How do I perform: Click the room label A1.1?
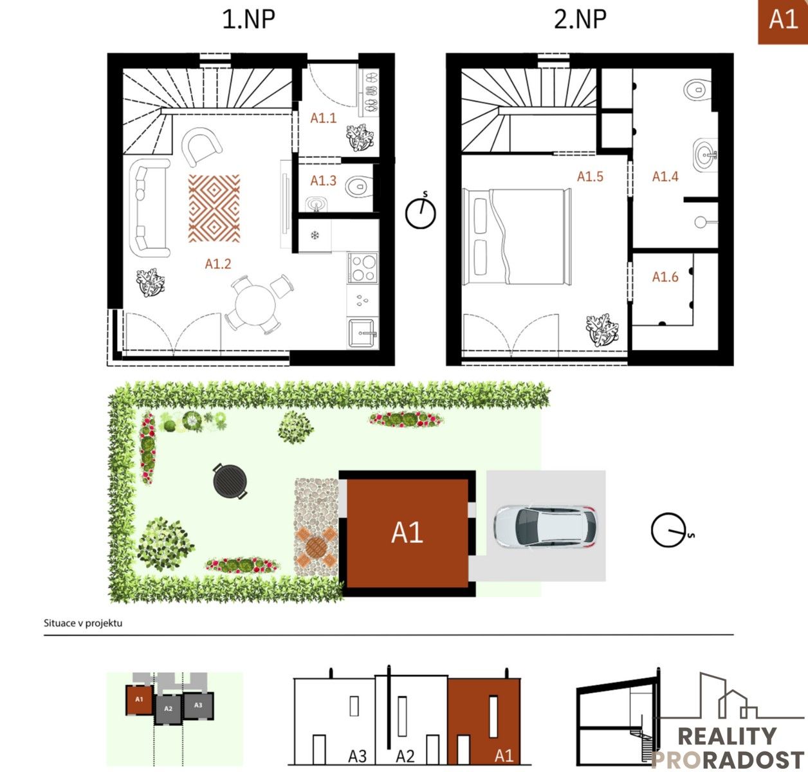[x=323, y=118]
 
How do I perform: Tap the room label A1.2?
[x=217, y=264]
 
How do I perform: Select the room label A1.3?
[x=323, y=181]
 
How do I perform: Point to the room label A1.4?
[x=665, y=176]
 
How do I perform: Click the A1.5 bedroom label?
[x=590, y=176]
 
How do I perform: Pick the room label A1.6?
[x=665, y=277]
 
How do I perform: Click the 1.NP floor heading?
[x=248, y=19]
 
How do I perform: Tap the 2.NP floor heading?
[x=580, y=19]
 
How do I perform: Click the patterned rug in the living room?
[x=214, y=208]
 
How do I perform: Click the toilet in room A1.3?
[x=359, y=187]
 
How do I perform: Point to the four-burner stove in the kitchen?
[x=362, y=268]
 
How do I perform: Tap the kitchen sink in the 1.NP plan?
[x=362, y=333]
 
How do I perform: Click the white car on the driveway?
[x=546, y=526]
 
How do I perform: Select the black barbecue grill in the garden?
[x=230, y=481]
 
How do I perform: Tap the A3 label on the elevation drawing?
[x=357, y=756]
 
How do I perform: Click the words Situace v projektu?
[x=83, y=623]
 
